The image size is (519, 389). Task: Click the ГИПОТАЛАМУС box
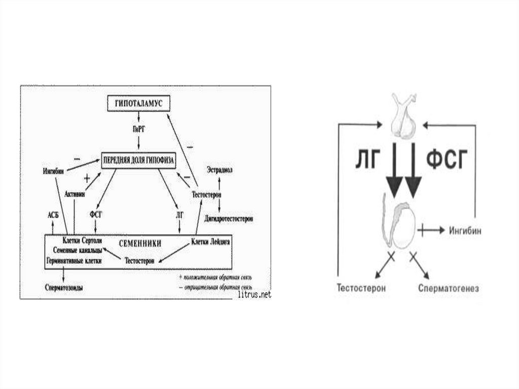[137, 103]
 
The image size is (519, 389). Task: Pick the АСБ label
[54, 215]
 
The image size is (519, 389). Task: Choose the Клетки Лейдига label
[211, 242]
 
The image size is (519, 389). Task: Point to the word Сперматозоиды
[64, 288]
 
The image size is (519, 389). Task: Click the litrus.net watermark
[254, 294]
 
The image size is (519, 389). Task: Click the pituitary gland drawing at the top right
[404, 117]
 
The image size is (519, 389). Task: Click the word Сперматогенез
[449, 288]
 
